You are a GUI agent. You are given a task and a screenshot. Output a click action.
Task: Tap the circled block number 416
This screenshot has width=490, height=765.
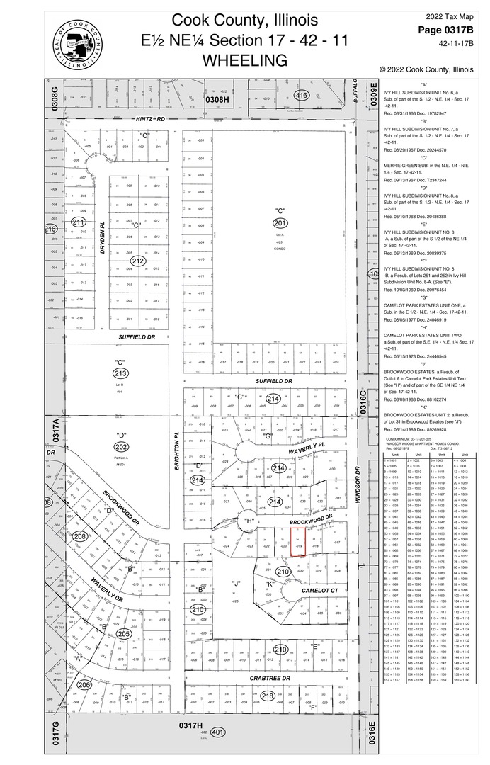[x=302, y=96]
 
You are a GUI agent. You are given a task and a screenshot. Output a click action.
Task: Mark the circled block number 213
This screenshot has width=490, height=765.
[x=120, y=373]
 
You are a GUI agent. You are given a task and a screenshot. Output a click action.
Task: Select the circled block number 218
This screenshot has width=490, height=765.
[x=268, y=696]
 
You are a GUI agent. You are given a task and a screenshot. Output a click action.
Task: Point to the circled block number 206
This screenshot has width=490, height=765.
[x=84, y=685]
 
